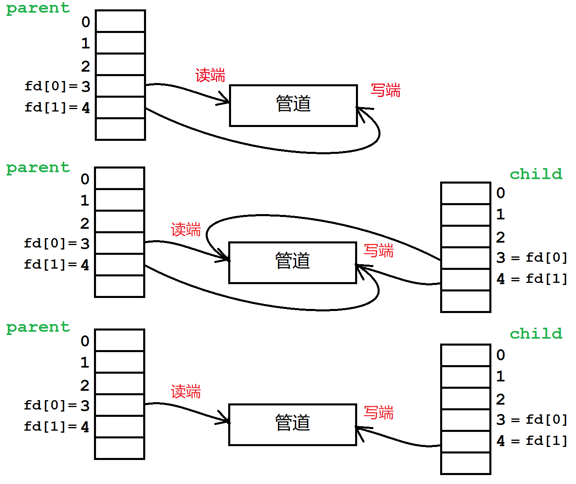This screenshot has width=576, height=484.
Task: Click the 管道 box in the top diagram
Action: coord(293,105)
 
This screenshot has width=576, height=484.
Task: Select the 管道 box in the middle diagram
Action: coord(292,263)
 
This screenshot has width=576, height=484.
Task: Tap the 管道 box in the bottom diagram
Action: coord(292,425)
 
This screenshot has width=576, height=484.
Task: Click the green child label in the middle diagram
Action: coord(536,174)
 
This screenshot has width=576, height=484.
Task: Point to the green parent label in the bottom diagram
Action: coord(38,327)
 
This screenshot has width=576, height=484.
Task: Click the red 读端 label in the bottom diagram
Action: coord(186,392)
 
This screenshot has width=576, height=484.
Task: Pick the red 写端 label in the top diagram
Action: coord(385,90)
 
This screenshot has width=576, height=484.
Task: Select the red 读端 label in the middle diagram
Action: coord(186,230)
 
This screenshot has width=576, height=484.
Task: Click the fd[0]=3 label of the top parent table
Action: coord(57,86)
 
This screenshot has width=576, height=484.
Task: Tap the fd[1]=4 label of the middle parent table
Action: coord(56,265)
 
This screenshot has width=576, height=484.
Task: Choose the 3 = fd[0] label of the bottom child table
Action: coord(531,420)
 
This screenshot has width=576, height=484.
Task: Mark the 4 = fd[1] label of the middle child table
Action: coord(531,279)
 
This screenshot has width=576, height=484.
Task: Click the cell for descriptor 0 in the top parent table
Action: coord(120,21)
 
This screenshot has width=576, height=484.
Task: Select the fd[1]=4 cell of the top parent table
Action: coord(120,107)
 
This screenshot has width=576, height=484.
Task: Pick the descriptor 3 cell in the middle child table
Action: coord(465,258)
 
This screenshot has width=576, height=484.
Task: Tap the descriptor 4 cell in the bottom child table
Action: coord(465,441)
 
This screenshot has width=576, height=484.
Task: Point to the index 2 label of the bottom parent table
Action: coord(85,385)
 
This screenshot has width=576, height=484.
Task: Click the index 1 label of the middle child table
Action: coord(500,215)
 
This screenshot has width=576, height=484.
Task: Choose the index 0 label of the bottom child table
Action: coord(500,355)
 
